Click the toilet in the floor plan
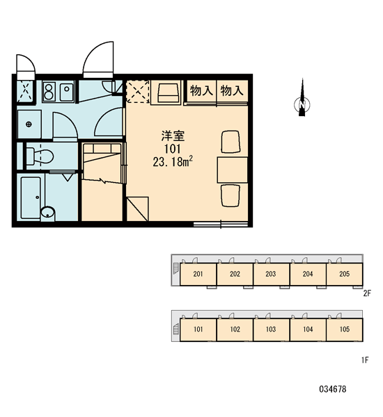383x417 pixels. coord(40,156)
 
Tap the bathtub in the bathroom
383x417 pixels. coord(31,197)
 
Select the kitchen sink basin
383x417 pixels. coord(67,92)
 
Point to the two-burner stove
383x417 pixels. coord(49,92)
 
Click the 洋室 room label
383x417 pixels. coord(173,136)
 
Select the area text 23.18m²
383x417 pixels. coord(173,161)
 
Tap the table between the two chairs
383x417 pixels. coord(233,170)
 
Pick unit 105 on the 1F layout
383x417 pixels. coord(345,329)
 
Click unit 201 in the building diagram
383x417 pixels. coord(198,275)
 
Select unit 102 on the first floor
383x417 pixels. coord(235,329)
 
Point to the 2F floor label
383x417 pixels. coord(367,293)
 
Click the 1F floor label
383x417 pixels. coord(365,360)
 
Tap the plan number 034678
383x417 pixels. coord(333,389)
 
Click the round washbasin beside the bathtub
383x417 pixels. coord(48,213)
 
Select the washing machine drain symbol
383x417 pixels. coord(29,124)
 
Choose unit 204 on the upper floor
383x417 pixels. coord(308,275)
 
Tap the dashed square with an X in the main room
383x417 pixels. coord(137,92)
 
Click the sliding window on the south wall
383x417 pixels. coord(221,224)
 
